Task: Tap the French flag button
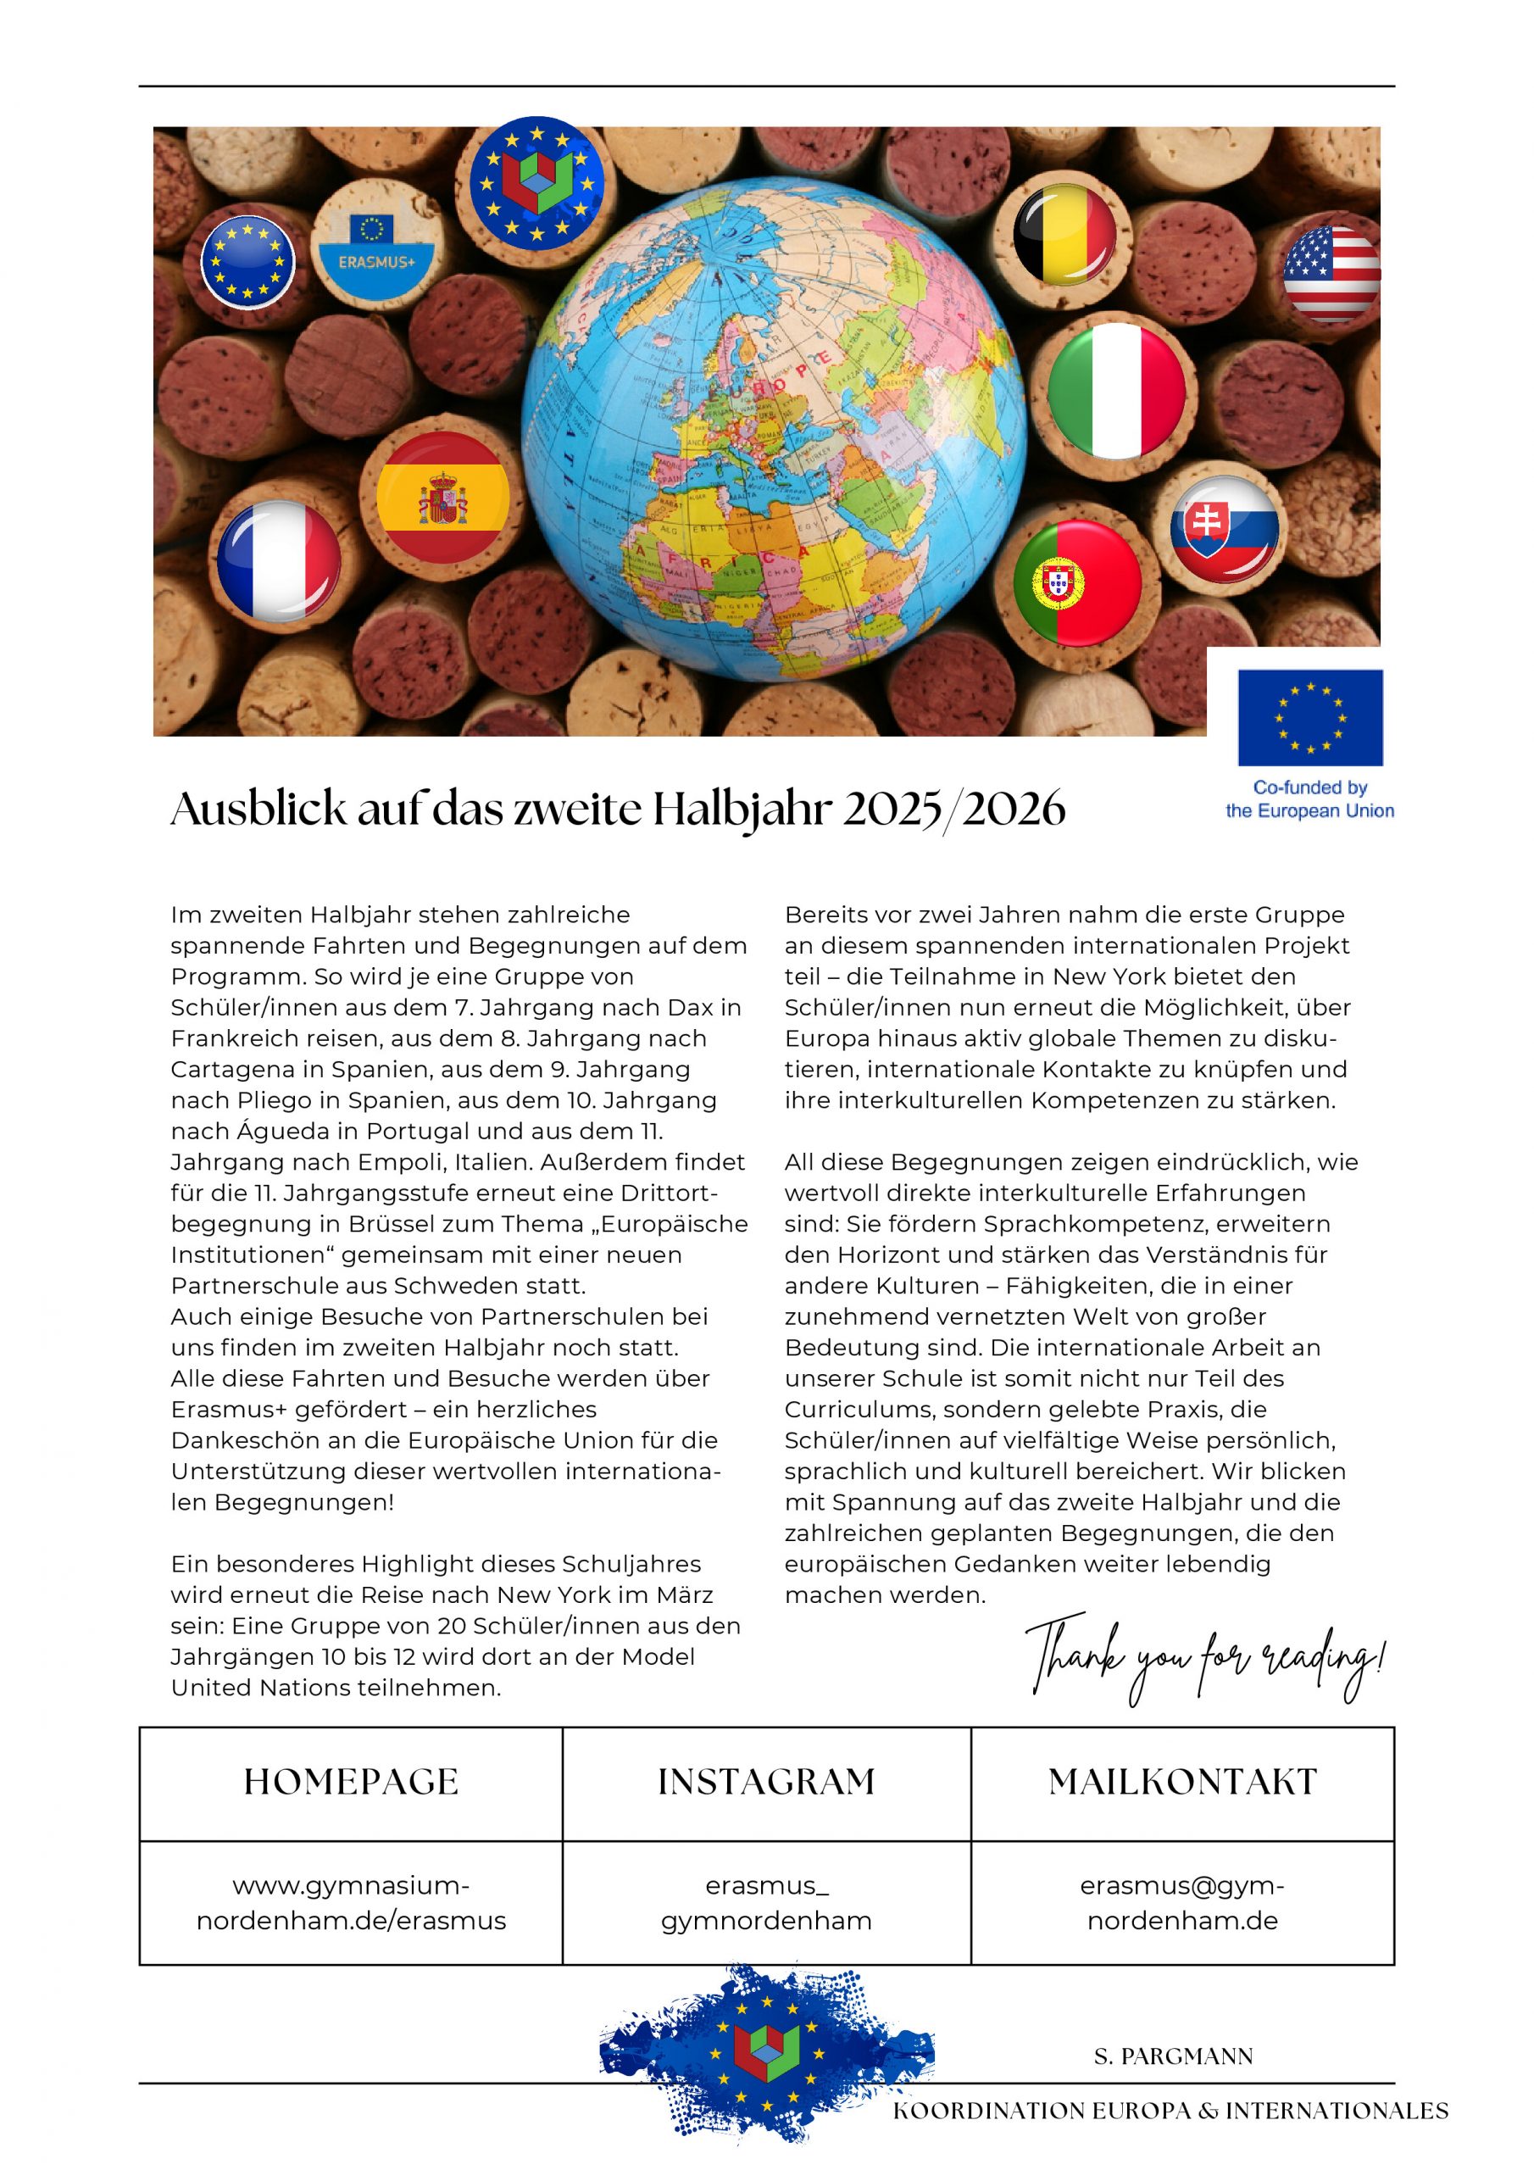(x=279, y=560)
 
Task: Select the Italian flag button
(x=1116, y=392)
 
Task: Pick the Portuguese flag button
(x=1076, y=583)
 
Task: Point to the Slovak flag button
(x=1225, y=529)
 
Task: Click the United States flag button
(x=1331, y=274)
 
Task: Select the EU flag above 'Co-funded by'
(x=1310, y=717)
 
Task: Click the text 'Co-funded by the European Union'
(x=1309, y=798)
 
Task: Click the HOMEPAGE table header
(x=351, y=1782)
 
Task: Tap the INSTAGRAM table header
(x=766, y=1782)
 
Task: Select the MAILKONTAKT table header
(x=1182, y=1782)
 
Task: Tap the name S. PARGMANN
(x=1173, y=2056)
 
